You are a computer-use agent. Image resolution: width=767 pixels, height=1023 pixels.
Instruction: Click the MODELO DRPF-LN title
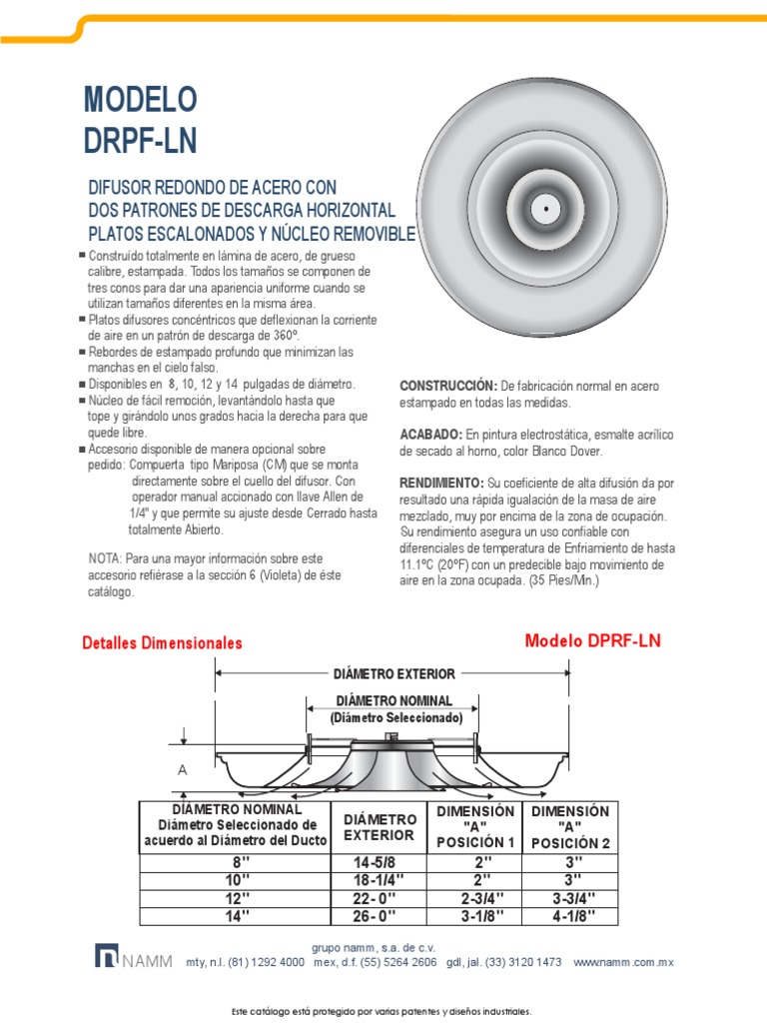tap(141, 119)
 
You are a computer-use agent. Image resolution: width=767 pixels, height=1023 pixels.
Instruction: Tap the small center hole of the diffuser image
tap(546, 209)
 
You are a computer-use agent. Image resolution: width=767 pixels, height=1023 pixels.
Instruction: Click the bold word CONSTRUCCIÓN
tap(447, 386)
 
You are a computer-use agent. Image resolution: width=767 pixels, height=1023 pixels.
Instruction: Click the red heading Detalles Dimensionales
tap(162, 643)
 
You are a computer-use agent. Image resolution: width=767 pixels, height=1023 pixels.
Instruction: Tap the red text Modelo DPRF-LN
tap(593, 640)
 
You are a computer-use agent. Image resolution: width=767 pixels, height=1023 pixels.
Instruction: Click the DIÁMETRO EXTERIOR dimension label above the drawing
tap(394, 674)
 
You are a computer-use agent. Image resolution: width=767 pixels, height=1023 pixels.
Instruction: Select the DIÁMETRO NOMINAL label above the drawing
tap(394, 700)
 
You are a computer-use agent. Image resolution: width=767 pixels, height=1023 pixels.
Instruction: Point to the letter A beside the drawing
tap(183, 771)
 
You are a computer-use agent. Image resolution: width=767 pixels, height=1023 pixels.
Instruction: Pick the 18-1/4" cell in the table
tap(378, 880)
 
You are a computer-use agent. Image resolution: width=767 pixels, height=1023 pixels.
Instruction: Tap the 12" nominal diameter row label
tap(236, 898)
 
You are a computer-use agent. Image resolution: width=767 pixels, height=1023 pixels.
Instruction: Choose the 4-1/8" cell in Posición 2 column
tap(570, 916)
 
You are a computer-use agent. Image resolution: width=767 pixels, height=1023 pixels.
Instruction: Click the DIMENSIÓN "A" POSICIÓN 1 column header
tap(475, 826)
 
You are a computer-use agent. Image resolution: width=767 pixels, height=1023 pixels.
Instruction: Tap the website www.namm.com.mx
tap(625, 962)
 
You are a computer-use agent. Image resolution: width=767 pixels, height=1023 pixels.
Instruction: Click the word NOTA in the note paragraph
tap(107, 557)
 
